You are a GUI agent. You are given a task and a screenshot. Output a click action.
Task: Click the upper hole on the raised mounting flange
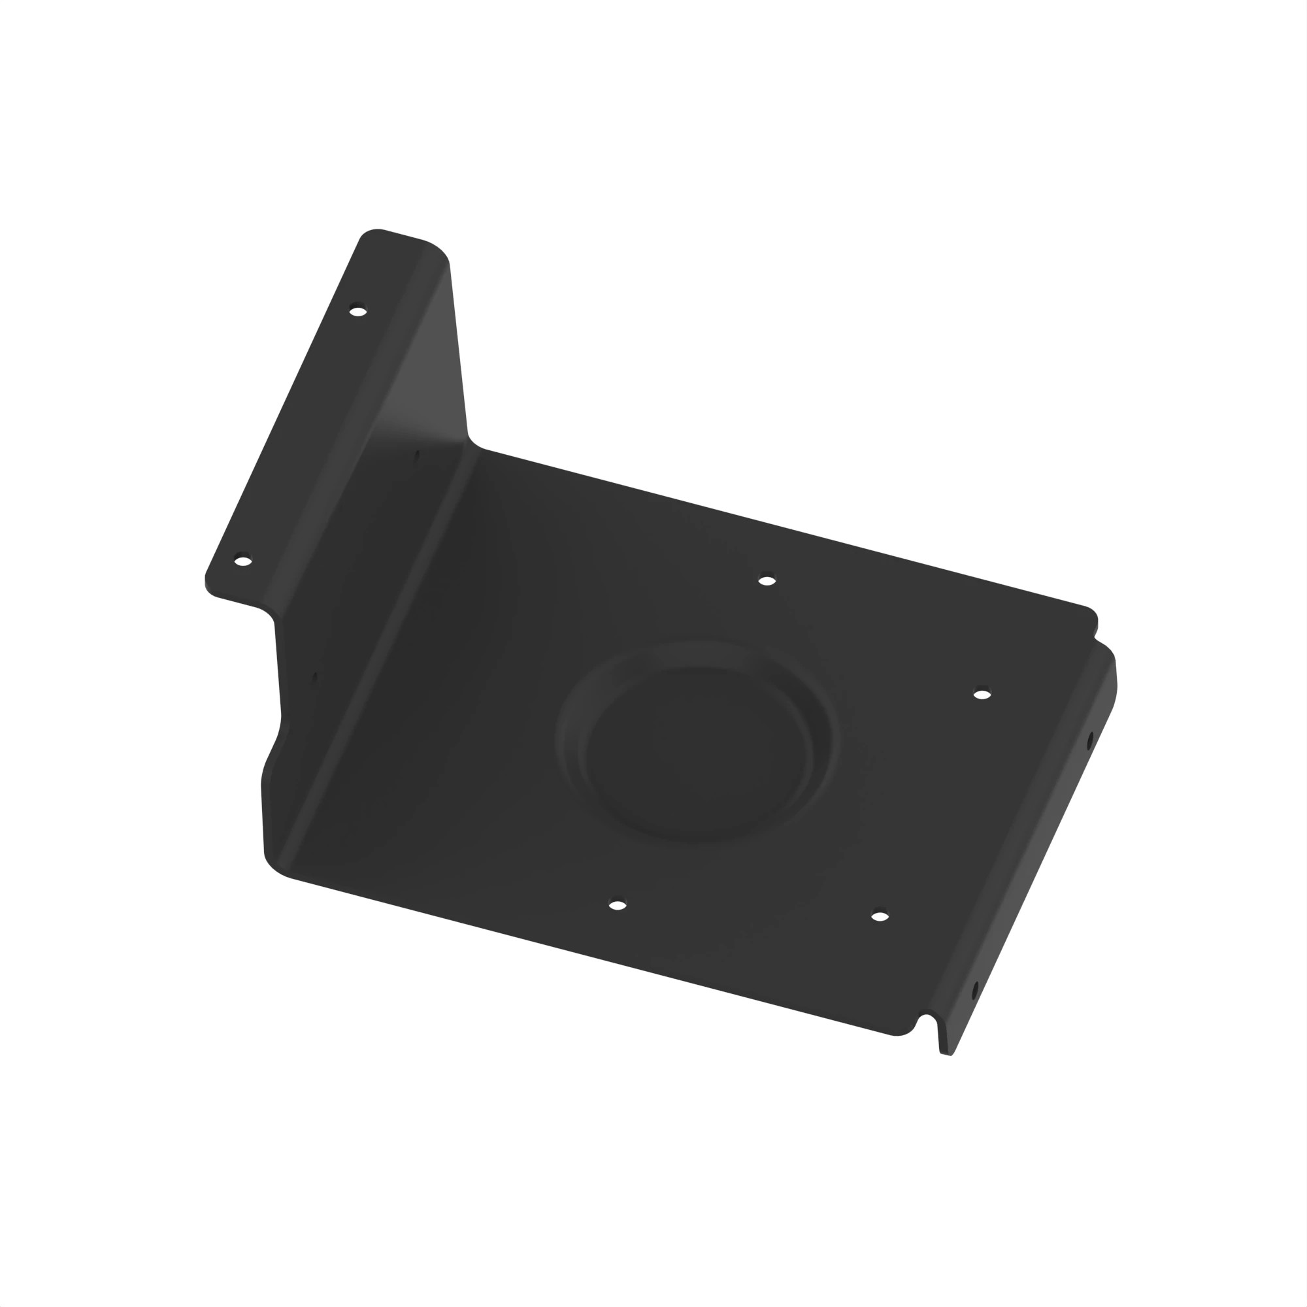(x=358, y=311)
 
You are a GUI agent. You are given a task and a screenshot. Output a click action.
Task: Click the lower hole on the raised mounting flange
(x=243, y=560)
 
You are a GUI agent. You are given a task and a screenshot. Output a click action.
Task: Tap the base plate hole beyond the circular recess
(x=767, y=580)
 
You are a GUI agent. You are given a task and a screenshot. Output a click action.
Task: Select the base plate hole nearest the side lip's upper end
(x=982, y=694)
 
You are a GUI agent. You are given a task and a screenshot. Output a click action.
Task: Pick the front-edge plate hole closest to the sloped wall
(x=617, y=905)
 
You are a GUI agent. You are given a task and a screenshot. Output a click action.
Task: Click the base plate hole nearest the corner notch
(x=880, y=917)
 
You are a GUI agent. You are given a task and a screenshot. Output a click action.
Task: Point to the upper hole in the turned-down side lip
(x=1089, y=741)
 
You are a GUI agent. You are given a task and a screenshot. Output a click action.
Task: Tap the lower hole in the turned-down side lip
(x=975, y=992)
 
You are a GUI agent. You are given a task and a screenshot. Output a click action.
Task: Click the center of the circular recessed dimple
(x=697, y=744)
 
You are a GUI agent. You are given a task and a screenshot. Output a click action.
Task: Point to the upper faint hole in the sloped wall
(x=417, y=455)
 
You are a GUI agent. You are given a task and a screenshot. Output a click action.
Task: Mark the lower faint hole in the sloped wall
(x=314, y=676)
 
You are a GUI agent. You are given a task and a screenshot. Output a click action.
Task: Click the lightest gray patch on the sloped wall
(x=426, y=379)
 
